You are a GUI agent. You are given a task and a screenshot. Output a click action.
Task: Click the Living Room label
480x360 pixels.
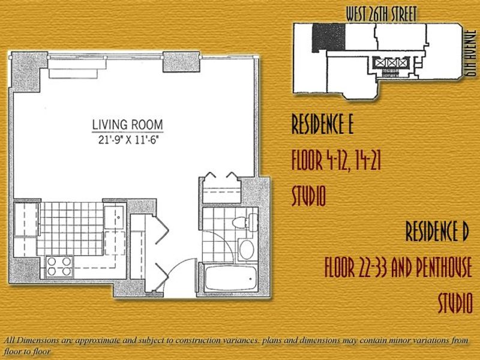point(127,125)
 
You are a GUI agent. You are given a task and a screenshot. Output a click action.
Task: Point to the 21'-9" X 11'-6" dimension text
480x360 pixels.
point(129,140)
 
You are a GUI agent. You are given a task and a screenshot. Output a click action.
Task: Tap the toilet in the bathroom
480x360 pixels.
point(245,221)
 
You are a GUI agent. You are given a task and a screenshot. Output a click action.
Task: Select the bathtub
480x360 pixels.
point(231,278)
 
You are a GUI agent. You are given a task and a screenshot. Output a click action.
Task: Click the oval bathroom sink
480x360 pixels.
point(247,249)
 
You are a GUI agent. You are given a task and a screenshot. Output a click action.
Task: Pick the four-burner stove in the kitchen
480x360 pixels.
point(59,266)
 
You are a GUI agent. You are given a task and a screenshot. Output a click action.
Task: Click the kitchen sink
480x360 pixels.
point(114,217)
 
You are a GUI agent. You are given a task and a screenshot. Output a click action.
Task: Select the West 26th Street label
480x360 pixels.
point(382,14)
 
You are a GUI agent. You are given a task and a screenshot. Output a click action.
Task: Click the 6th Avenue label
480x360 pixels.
point(472,53)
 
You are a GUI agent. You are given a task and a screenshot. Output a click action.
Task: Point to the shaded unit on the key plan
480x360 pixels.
point(329,37)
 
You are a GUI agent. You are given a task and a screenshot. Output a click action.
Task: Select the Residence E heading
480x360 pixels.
point(322,124)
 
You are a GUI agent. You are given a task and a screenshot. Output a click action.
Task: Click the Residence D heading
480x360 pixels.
point(437,232)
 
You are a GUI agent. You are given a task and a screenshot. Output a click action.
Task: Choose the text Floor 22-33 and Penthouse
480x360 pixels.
point(398,267)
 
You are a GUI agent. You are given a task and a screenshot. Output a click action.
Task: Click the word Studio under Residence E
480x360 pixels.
point(308,196)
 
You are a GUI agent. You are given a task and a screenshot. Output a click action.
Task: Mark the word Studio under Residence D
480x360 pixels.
point(455,303)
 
